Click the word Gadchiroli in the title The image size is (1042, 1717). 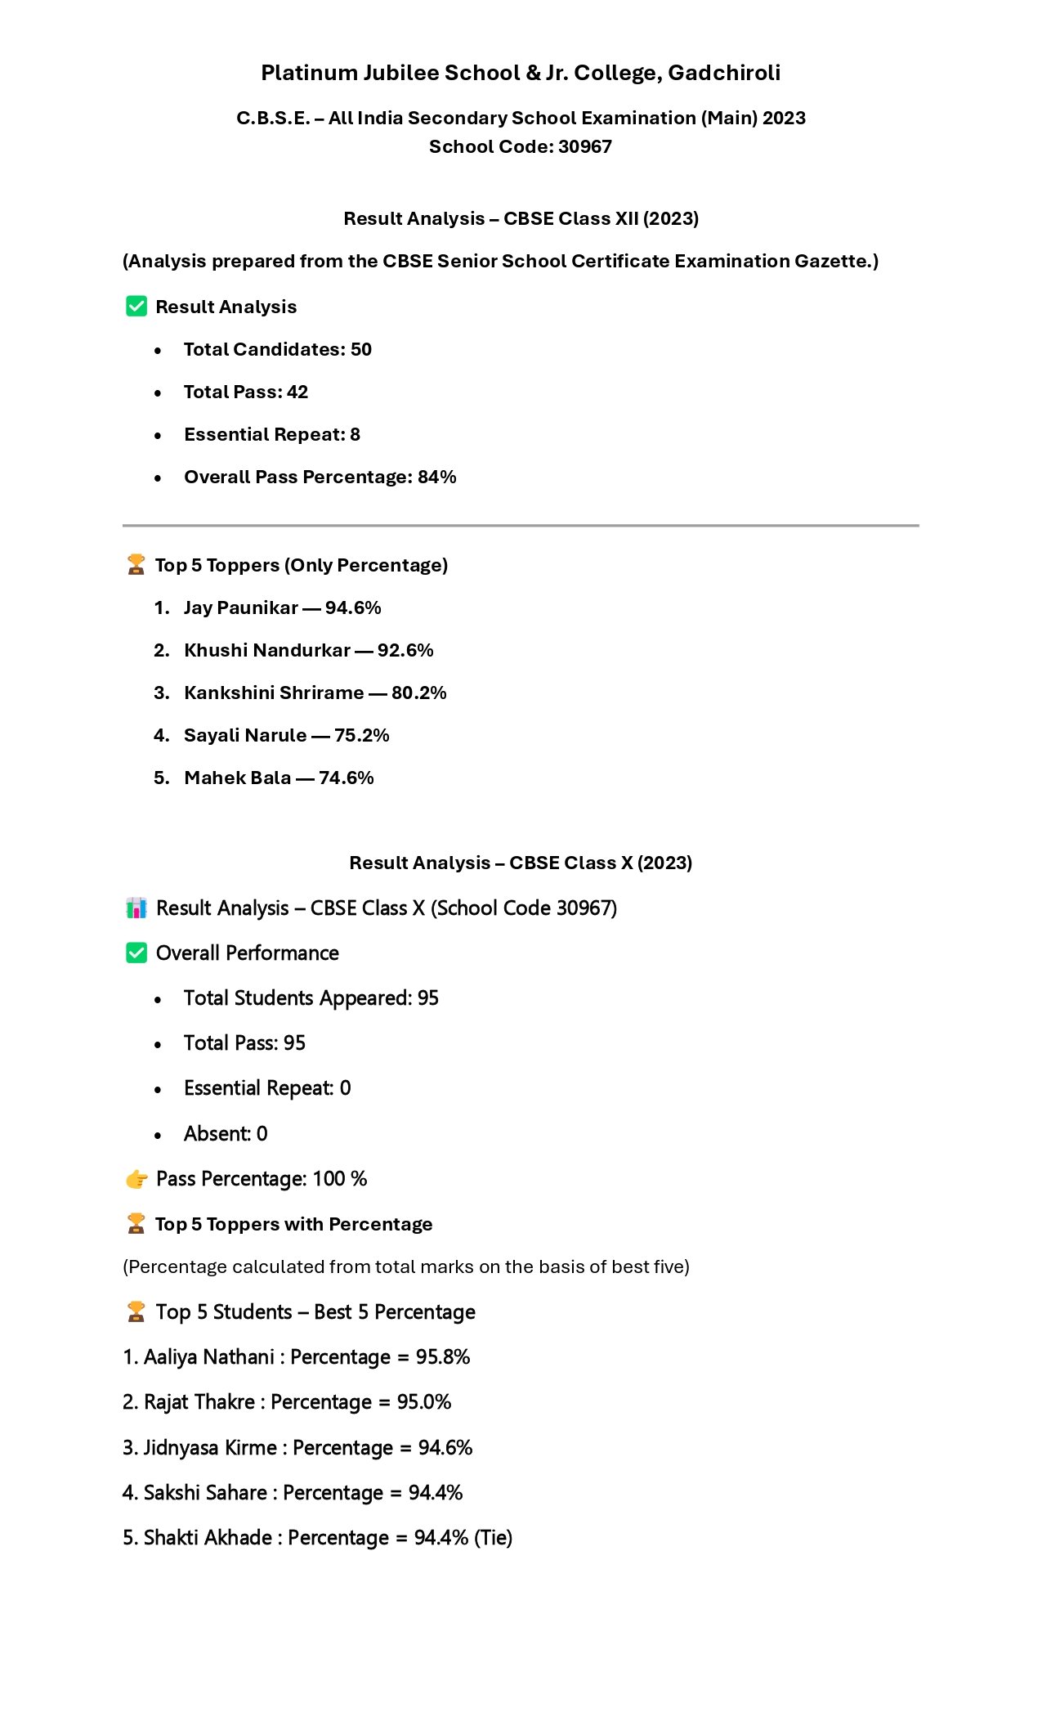pyautogui.click(x=724, y=74)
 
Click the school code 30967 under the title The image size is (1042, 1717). pyautogui.click(x=584, y=147)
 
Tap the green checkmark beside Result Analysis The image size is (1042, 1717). pyautogui.click(x=136, y=307)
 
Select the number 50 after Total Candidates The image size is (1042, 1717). pyautogui.click(x=361, y=350)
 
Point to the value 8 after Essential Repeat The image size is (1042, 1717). pyautogui.click(x=355, y=435)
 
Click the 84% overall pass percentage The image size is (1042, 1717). pyautogui.click(x=436, y=477)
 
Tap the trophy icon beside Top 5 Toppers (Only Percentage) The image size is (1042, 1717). pyautogui.click(x=136, y=565)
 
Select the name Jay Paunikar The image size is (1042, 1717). pyautogui.click(x=240, y=608)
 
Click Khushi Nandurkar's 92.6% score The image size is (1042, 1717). pyautogui.click(x=405, y=651)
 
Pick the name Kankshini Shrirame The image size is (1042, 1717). pyautogui.click(x=274, y=693)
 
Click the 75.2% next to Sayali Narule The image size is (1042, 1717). pyautogui.click(x=361, y=736)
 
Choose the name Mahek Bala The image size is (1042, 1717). pyautogui.click(x=237, y=778)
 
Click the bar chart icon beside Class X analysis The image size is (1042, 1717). pyautogui.click(x=136, y=908)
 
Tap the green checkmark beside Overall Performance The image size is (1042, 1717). pyautogui.click(x=136, y=953)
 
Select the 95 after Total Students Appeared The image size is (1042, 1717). pyautogui.click(x=428, y=998)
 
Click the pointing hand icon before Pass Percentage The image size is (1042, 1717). pyautogui.click(x=136, y=1179)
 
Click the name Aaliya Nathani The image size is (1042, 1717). pyautogui.click(x=209, y=1357)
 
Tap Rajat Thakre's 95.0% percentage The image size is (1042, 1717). pyautogui.click(x=424, y=1402)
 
